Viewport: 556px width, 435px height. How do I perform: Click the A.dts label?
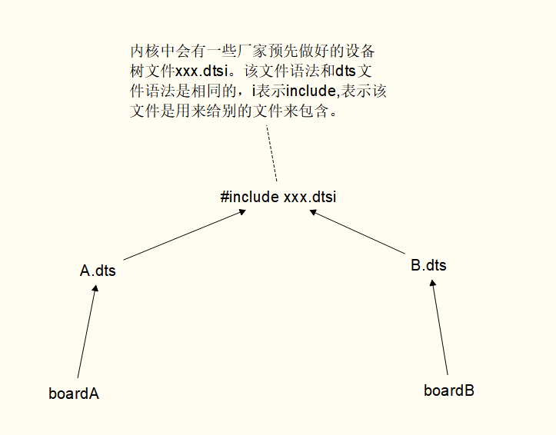[98, 271]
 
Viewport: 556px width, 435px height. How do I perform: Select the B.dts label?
[428, 266]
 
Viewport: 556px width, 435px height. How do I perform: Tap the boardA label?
[74, 393]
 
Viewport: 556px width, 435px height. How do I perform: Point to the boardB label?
[449, 390]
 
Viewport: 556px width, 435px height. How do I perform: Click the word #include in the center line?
[250, 197]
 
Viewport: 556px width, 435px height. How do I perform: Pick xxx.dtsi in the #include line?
[310, 197]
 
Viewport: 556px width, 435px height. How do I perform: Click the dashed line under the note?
[271, 154]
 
